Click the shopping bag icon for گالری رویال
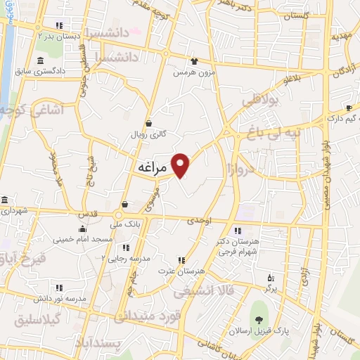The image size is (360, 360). (148, 124)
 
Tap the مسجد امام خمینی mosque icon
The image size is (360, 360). (83, 229)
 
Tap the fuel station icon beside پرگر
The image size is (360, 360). (271, 278)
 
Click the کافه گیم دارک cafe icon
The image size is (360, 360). (348, 108)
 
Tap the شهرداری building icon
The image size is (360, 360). (4, 200)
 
